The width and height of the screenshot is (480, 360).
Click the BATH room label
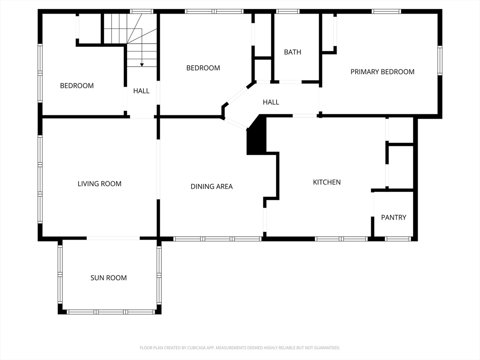pos(292,52)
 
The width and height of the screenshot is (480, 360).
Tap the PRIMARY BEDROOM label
pos(382,72)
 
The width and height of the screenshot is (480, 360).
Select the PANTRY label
pos(393,217)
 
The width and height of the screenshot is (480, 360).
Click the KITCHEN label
pos(327,182)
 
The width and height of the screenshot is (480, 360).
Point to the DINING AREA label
pos(211,187)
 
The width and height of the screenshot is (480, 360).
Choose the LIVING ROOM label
pos(99,184)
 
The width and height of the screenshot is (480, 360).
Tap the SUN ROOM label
pos(109,277)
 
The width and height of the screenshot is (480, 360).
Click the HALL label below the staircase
pos(142,91)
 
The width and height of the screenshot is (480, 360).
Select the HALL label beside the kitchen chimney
pos(271,102)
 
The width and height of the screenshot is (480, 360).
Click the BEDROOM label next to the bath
pos(203,67)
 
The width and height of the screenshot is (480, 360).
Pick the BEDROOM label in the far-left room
pos(77,86)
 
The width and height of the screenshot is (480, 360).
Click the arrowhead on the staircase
pos(142,65)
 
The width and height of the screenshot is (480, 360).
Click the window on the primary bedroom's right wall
pos(440,60)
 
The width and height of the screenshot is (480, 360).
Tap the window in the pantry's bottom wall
pos(398,239)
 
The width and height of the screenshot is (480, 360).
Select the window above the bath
pos(287,11)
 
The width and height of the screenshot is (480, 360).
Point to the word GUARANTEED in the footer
pos(329,348)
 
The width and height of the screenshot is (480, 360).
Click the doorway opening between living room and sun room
pos(113,238)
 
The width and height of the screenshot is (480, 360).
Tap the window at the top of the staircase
pos(142,11)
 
